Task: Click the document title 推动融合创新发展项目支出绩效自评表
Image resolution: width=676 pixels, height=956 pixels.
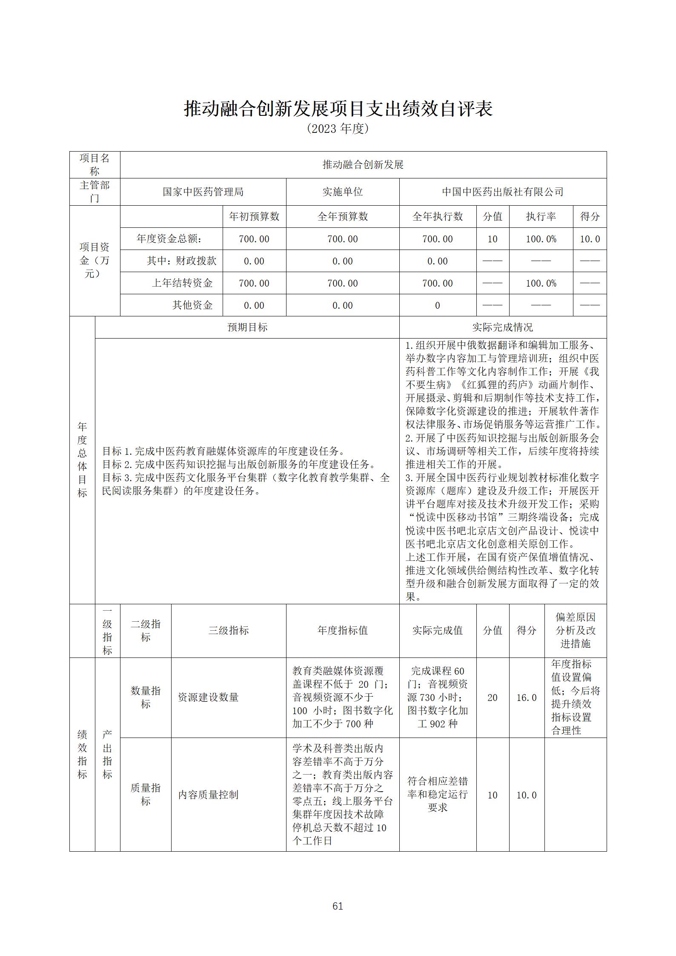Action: point(338,109)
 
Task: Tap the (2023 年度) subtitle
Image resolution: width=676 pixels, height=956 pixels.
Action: point(338,129)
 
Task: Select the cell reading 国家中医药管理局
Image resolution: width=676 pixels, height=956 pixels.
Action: point(203,192)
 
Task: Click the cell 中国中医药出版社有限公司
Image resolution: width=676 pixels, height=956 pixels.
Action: point(502,192)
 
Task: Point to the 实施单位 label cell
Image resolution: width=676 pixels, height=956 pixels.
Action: point(342,192)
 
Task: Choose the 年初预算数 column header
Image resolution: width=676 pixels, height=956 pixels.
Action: point(254,217)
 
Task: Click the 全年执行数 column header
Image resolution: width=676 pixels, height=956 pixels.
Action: point(437,217)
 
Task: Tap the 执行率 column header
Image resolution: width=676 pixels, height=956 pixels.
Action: point(541,217)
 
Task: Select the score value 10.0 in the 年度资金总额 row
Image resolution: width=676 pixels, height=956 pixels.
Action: point(590,239)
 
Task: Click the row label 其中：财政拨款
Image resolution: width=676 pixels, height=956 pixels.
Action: point(181,261)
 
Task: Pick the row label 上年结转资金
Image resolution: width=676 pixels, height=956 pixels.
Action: point(182,283)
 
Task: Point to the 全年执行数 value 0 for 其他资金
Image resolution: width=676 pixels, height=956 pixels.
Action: point(437,305)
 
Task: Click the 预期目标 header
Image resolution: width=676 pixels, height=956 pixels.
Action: point(247,327)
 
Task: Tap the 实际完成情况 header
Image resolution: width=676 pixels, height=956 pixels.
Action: point(502,327)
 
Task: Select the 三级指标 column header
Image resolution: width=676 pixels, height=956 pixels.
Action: point(228,631)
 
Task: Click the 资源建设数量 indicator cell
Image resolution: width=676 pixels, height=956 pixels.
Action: point(208,698)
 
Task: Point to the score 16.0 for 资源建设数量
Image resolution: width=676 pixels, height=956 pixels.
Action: point(526,698)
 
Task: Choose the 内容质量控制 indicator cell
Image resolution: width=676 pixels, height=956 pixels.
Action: point(208,795)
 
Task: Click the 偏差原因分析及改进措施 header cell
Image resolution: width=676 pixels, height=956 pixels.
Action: point(575,631)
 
